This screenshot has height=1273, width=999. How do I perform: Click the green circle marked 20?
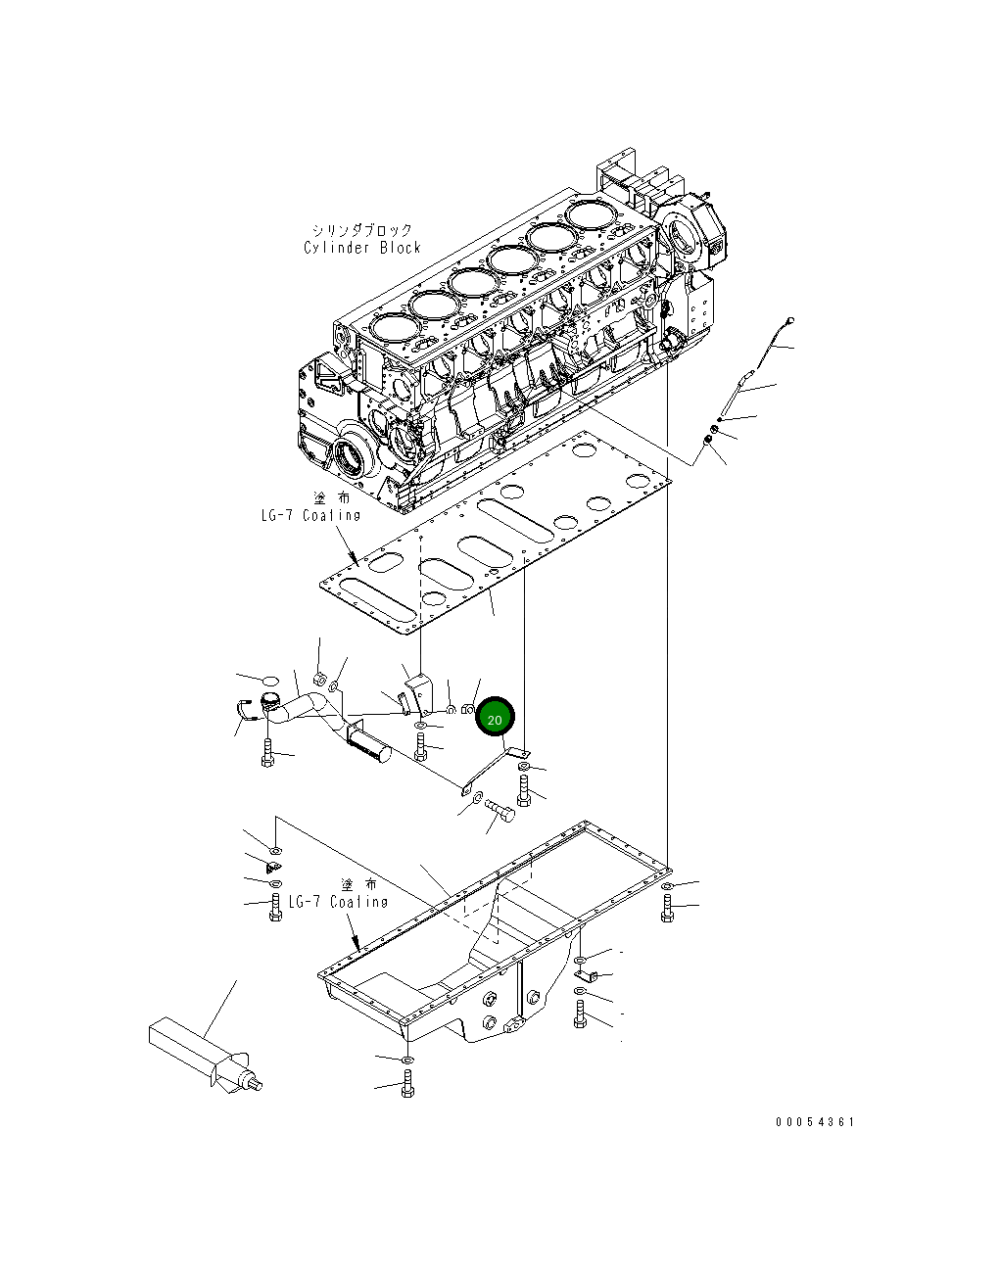click(x=495, y=719)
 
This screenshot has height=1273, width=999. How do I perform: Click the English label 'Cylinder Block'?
click(x=362, y=248)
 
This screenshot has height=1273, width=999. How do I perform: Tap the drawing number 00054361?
click(x=815, y=1122)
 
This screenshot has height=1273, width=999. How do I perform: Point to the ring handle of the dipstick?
click(x=789, y=320)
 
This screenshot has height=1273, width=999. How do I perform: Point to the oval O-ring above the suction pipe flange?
click(x=270, y=678)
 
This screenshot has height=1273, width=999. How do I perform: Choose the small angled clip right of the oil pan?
click(x=581, y=974)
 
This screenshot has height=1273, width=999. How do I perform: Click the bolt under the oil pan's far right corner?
click(x=667, y=909)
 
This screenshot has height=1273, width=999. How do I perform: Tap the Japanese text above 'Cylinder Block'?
click(x=360, y=230)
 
